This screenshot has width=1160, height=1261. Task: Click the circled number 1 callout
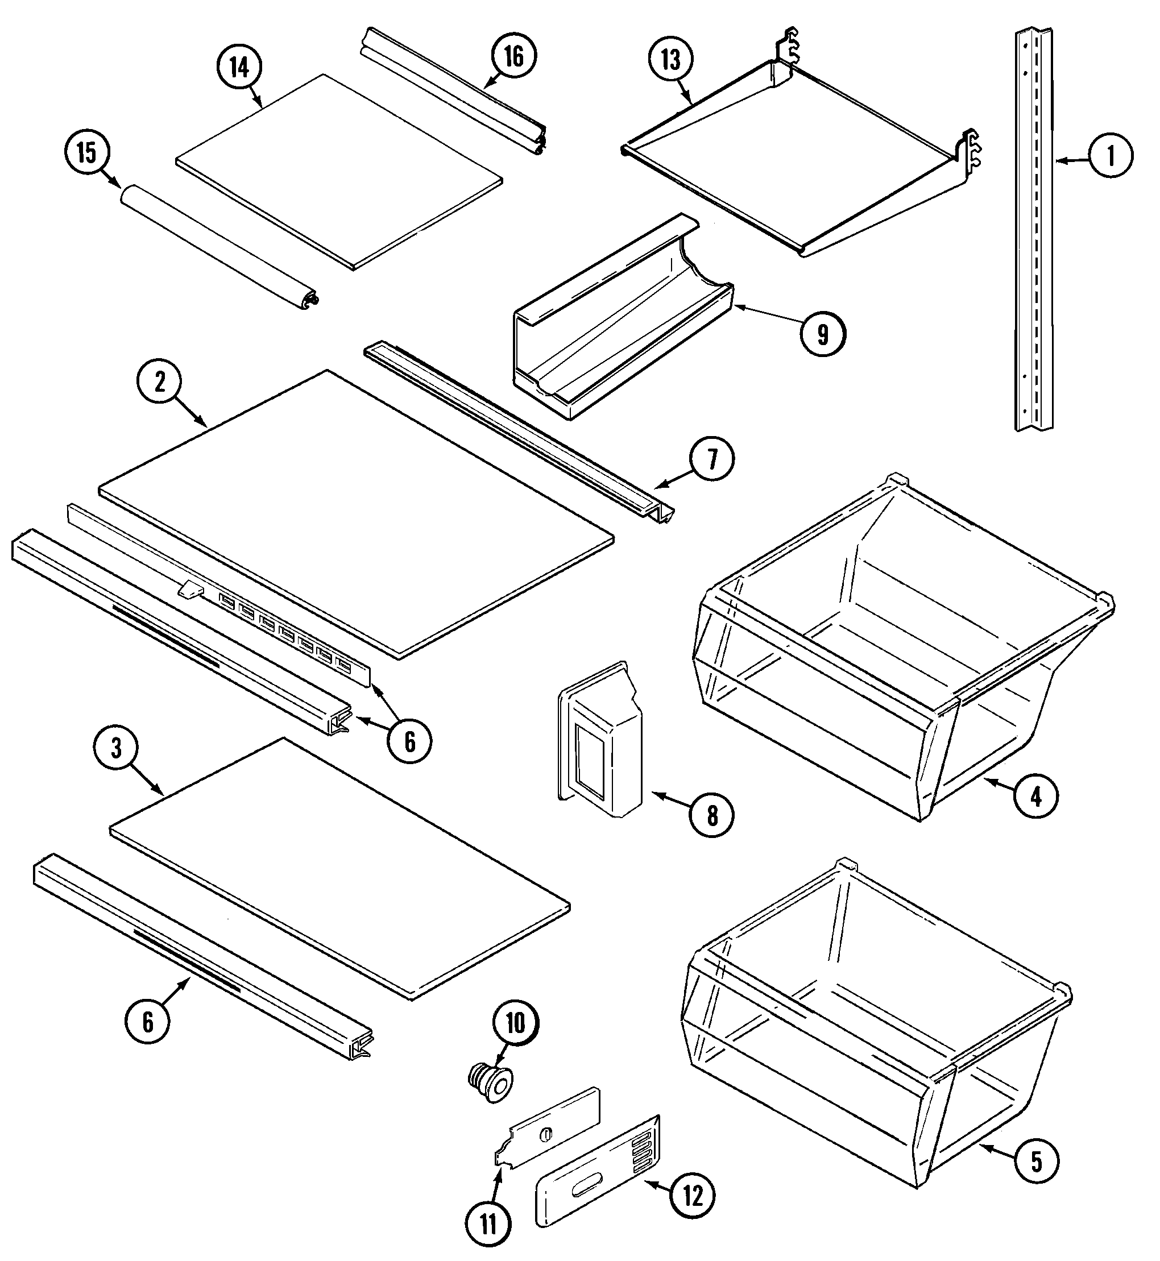(x=1111, y=155)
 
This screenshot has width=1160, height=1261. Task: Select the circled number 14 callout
(x=239, y=67)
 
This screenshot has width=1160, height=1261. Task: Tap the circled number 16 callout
(x=513, y=56)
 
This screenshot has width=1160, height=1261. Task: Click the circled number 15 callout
(x=87, y=152)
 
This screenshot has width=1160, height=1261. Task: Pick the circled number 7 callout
(x=712, y=460)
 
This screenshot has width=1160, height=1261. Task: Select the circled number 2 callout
(x=160, y=381)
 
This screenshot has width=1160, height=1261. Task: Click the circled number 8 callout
(x=712, y=816)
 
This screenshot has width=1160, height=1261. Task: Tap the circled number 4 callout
(x=1035, y=797)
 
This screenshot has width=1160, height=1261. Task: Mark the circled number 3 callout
(x=116, y=749)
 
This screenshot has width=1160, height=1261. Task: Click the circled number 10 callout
(x=515, y=1024)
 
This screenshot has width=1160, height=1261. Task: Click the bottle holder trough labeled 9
(x=622, y=326)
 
